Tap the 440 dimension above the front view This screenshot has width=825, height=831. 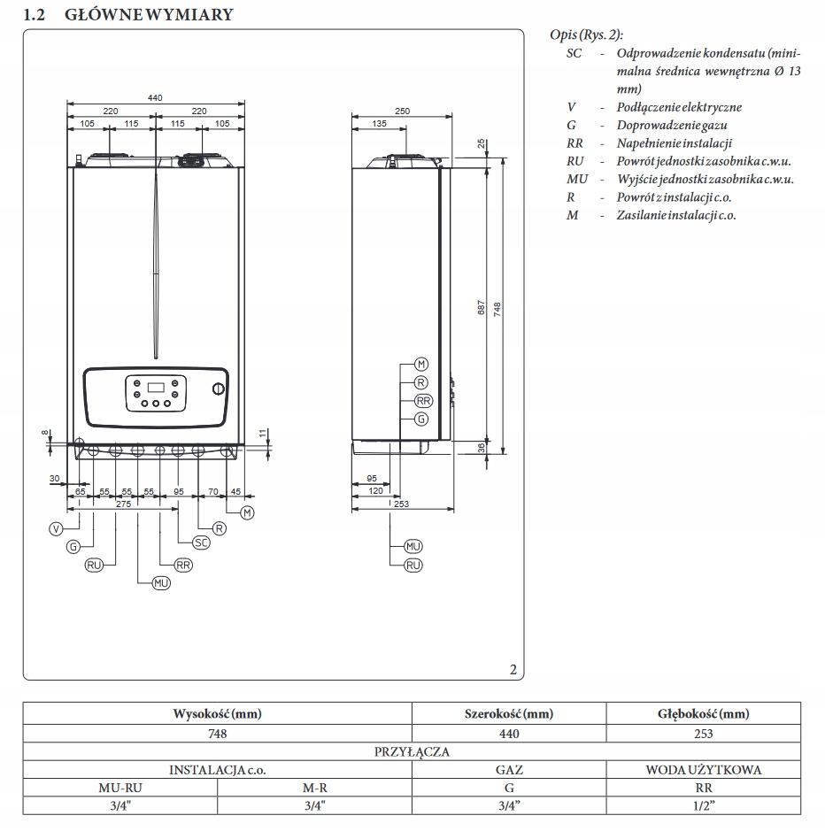point(155,98)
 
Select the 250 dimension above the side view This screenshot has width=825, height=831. point(403,112)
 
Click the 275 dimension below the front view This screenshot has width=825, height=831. point(123,504)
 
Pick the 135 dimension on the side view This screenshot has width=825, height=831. point(379,125)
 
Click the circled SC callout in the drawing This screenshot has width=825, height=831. point(201,542)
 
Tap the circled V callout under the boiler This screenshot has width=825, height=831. point(57,528)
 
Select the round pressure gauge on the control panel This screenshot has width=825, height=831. point(218,389)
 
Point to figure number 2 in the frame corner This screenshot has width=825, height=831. point(513,669)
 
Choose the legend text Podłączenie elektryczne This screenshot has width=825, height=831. point(679,107)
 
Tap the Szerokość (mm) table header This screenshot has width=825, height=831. point(508,713)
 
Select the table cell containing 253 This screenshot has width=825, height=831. point(703,733)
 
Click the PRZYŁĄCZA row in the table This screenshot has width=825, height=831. point(412,751)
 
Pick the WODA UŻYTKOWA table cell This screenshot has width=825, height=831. point(703,770)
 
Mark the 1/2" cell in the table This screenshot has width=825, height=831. point(703,804)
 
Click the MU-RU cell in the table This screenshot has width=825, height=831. point(120,788)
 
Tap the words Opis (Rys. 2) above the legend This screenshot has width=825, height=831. point(586,35)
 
